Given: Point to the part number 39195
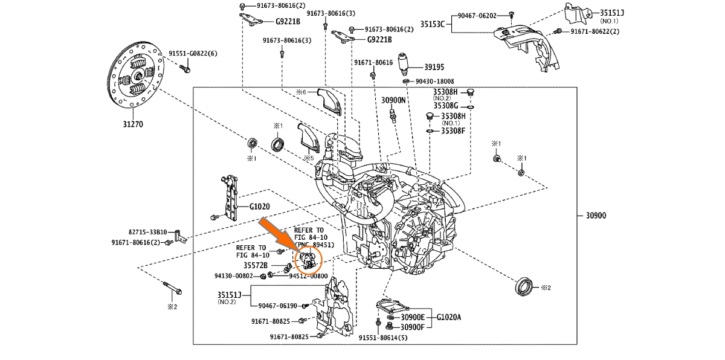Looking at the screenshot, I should [434, 67].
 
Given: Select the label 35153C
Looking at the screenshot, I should [432, 24].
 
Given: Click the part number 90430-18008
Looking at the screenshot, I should [434, 81].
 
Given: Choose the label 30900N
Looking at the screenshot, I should [393, 100].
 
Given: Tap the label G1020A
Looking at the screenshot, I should [449, 317].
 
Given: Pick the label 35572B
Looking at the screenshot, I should [256, 265].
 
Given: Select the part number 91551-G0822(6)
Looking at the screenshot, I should [192, 53].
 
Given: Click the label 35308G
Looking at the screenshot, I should [446, 106].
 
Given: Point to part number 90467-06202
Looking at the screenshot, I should [477, 16].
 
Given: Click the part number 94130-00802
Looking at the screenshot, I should [234, 276].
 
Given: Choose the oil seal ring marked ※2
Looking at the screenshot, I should [523, 286].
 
